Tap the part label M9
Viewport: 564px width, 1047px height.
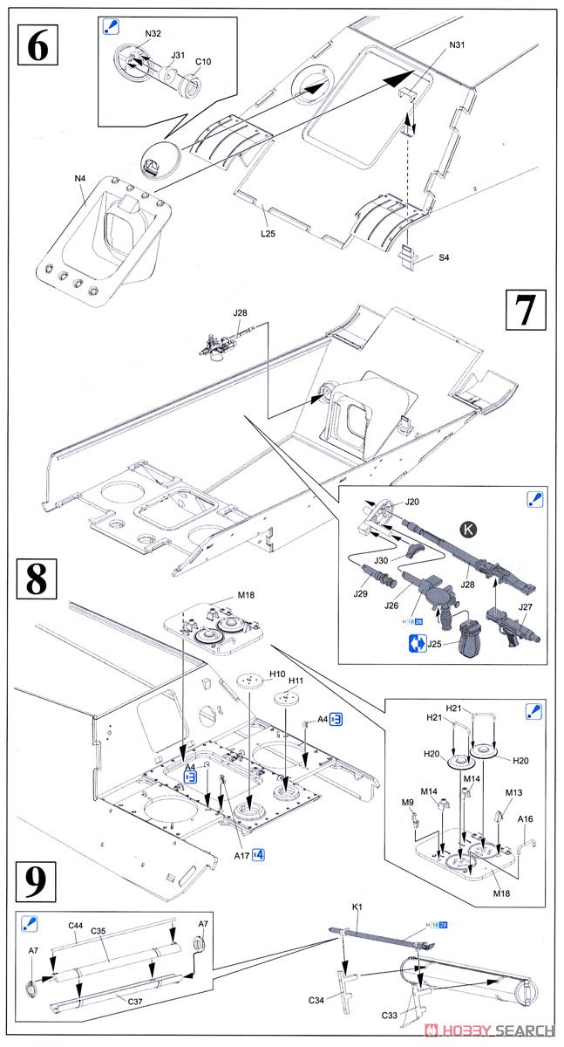click(x=407, y=802)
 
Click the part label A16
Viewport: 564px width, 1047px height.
click(x=526, y=819)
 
